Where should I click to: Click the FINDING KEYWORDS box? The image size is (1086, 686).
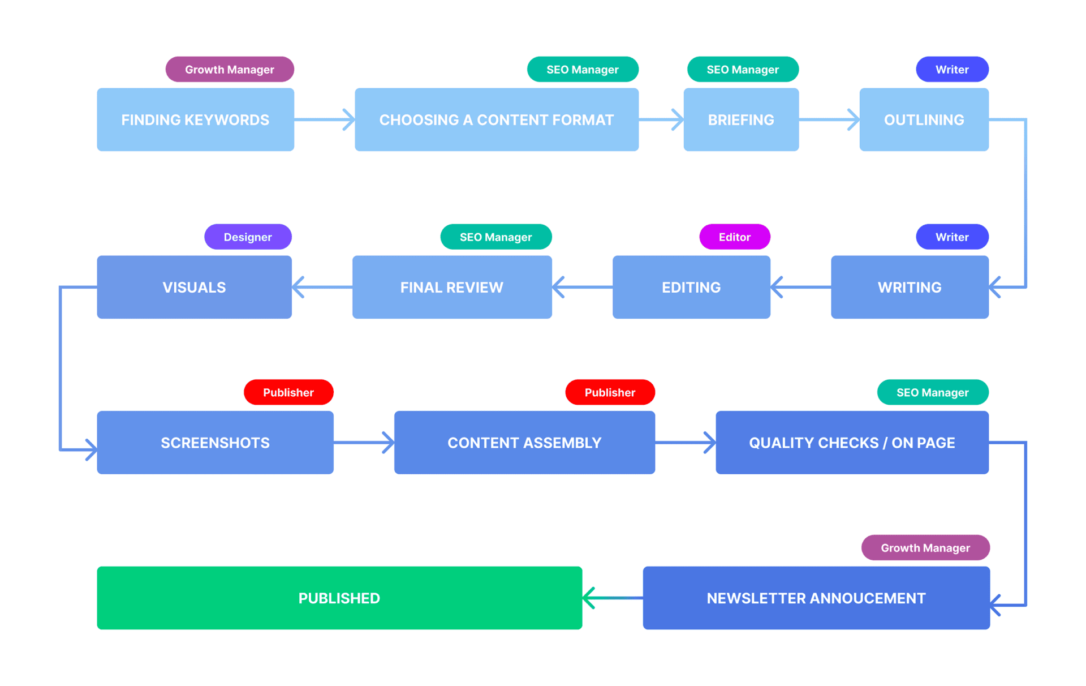[195, 119]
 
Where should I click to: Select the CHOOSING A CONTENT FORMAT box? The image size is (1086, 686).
[496, 119]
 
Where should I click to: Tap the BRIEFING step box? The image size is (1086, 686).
[740, 119]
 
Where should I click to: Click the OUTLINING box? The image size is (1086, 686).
[924, 119]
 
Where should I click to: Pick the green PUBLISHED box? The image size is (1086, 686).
[339, 598]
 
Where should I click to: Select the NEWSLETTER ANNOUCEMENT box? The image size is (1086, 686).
[816, 598]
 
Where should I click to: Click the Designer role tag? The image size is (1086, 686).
[248, 237]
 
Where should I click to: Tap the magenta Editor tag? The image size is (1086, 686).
[734, 237]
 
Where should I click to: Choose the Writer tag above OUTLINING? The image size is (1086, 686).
[951, 69]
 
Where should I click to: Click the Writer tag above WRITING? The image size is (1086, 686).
[951, 237]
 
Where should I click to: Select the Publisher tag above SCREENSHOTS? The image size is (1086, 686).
[288, 392]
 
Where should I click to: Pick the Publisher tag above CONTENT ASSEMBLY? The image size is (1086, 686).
[610, 392]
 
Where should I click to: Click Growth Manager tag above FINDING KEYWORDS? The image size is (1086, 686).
[229, 69]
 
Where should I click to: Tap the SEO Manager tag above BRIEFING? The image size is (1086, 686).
[742, 69]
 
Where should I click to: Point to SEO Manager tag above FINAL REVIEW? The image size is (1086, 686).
[495, 237]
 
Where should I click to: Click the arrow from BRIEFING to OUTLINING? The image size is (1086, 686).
[829, 119]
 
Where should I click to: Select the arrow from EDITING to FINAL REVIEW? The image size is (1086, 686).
[582, 287]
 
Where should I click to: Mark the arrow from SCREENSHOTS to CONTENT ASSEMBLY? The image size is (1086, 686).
[364, 443]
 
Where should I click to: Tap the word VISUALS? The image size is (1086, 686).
[194, 288]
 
